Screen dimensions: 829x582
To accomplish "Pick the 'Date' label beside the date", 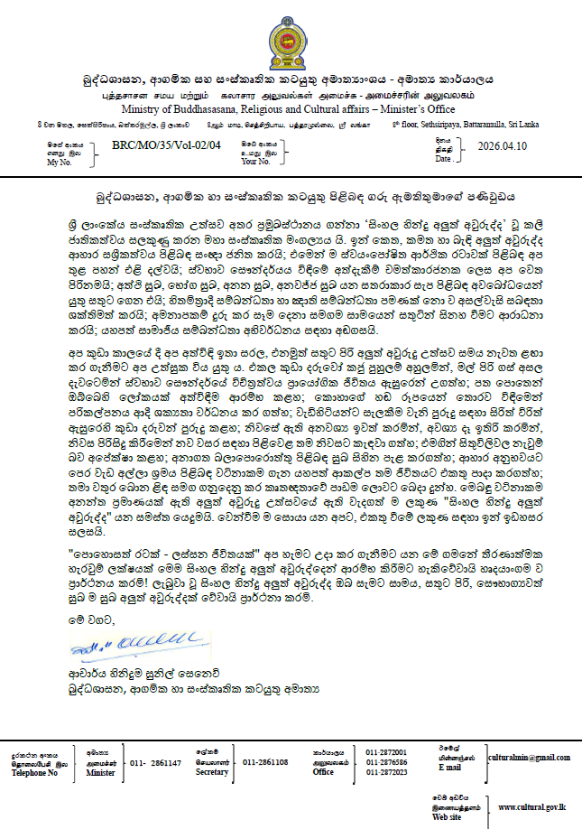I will (x=443, y=158).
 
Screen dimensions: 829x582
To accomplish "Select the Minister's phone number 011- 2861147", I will (x=156, y=763).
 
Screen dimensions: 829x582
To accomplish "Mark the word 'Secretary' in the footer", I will (x=213, y=772).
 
